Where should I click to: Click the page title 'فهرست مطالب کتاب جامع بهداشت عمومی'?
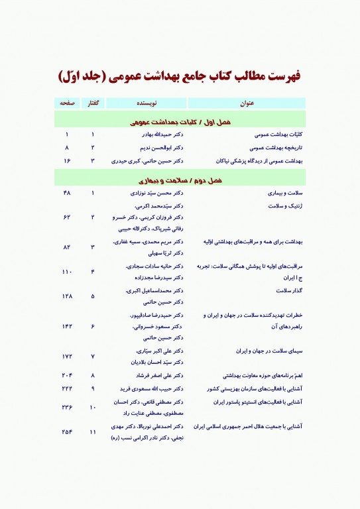pyautogui.click(x=180, y=75)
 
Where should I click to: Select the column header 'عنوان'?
pyautogui.click(x=246, y=104)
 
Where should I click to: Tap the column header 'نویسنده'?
pyautogui.click(x=147, y=104)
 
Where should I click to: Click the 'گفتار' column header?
pyautogui.click(x=93, y=104)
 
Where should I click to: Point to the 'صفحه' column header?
pyautogui.click(x=67, y=104)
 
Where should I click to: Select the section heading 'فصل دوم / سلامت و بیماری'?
pyautogui.click(x=180, y=180)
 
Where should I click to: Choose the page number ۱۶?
pyautogui.click(x=67, y=160)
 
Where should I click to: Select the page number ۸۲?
pyautogui.click(x=67, y=247)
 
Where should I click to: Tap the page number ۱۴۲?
pyautogui.click(x=67, y=326)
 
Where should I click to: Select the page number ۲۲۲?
pyautogui.click(x=67, y=388)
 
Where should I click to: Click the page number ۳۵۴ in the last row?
pyautogui.click(x=67, y=432)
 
